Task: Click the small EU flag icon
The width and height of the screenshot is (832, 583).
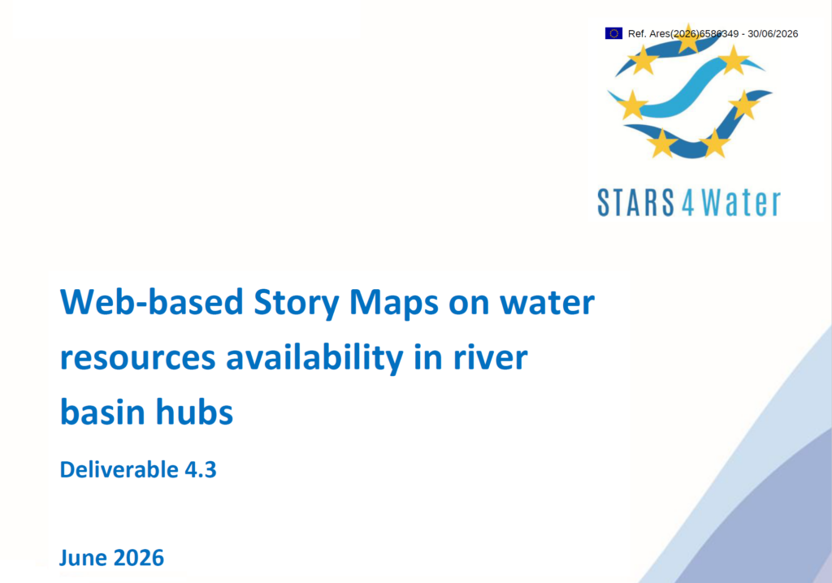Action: (x=613, y=33)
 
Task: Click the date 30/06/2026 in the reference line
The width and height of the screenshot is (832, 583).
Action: (x=773, y=34)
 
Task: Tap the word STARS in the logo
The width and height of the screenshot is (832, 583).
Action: (x=635, y=202)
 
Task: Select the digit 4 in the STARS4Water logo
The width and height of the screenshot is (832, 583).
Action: (x=687, y=203)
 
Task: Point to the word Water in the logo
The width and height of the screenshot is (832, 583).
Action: (x=741, y=202)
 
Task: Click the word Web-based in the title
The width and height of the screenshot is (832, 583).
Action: (x=152, y=302)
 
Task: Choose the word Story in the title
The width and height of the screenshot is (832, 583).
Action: (x=297, y=304)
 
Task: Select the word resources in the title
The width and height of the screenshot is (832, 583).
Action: (x=138, y=359)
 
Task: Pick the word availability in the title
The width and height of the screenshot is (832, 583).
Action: (x=314, y=358)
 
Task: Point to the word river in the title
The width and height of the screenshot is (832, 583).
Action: (x=490, y=357)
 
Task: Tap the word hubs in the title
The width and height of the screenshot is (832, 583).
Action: (x=194, y=412)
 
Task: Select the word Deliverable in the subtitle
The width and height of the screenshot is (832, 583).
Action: (x=119, y=470)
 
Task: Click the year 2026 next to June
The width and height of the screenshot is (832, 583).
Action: (x=138, y=559)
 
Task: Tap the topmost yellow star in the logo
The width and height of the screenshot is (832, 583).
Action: (x=687, y=39)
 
